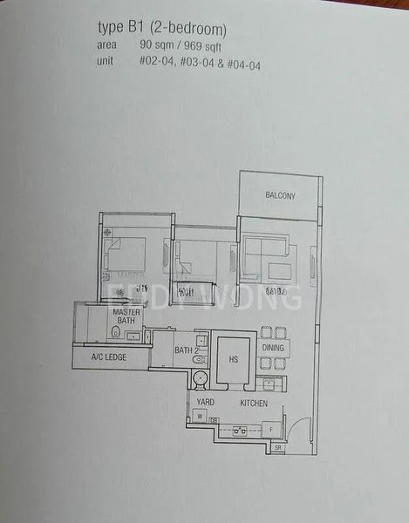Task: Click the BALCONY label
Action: pos(280,196)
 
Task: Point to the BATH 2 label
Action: pos(187,351)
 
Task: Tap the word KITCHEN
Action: pos(254,404)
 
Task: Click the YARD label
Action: pos(205,403)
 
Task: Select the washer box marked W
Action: pos(201,417)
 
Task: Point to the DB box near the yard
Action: pos(214,420)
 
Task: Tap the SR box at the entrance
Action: pos(278,447)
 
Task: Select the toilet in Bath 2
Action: pos(200,377)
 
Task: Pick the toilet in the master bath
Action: pos(115,332)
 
